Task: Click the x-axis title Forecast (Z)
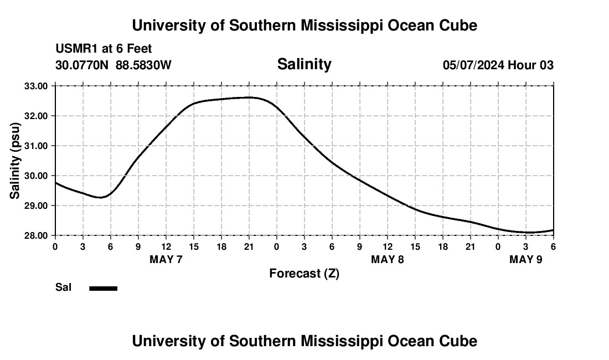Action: click(x=304, y=273)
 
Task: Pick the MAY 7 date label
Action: click(x=166, y=259)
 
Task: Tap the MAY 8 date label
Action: click(x=388, y=259)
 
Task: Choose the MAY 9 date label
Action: click(x=526, y=259)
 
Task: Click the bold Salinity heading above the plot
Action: click(x=304, y=64)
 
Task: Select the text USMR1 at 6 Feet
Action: click(x=104, y=49)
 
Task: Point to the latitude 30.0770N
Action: click(x=82, y=65)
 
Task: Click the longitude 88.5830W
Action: click(x=143, y=65)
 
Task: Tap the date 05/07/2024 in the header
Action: click(x=473, y=65)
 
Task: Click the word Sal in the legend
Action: click(x=64, y=287)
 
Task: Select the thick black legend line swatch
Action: click(x=104, y=288)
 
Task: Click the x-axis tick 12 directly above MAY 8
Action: click(x=388, y=246)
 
